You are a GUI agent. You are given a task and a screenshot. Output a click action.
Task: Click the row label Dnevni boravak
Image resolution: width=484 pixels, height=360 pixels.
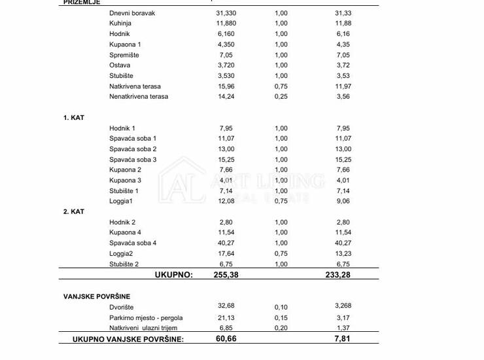(x=133, y=13)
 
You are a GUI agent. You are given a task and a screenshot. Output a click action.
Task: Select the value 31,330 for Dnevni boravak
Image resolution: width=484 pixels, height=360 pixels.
(x=226, y=13)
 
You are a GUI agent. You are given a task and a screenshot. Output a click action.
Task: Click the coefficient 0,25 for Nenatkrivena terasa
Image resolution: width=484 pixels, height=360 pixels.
(x=281, y=97)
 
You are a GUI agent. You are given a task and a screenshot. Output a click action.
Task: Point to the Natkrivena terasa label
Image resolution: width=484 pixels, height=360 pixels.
(x=135, y=86)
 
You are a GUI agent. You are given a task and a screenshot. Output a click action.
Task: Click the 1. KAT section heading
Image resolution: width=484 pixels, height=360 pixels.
(x=74, y=118)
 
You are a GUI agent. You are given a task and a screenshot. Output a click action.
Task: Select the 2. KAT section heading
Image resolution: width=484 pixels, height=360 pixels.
(x=74, y=212)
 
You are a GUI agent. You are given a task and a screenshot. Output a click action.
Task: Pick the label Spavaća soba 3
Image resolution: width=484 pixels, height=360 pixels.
(x=133, y=160)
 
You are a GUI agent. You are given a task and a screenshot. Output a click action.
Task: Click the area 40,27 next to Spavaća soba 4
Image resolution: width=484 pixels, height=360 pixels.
(x=226, y=243)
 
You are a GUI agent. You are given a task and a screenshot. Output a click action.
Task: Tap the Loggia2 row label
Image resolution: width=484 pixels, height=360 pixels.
(x=121, y=254)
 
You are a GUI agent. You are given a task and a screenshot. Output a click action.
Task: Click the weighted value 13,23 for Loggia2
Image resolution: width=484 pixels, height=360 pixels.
(x=343, y=254)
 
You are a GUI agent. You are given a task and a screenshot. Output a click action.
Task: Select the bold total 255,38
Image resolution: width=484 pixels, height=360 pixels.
(x=226, y=275)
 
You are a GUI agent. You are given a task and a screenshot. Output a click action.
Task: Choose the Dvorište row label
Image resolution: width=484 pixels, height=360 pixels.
(x=123, y=306)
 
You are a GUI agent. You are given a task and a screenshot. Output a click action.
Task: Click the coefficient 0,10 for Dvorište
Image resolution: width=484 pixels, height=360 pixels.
(x=281, y=306)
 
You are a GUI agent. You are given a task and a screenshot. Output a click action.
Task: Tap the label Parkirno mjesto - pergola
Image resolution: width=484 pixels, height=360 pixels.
(x=146, y=317)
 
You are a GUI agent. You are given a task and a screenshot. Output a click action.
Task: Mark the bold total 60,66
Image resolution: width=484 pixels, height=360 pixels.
(x=226, y=339)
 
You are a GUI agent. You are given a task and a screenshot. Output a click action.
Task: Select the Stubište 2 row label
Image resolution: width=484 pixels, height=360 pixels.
(x=124, y=264)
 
